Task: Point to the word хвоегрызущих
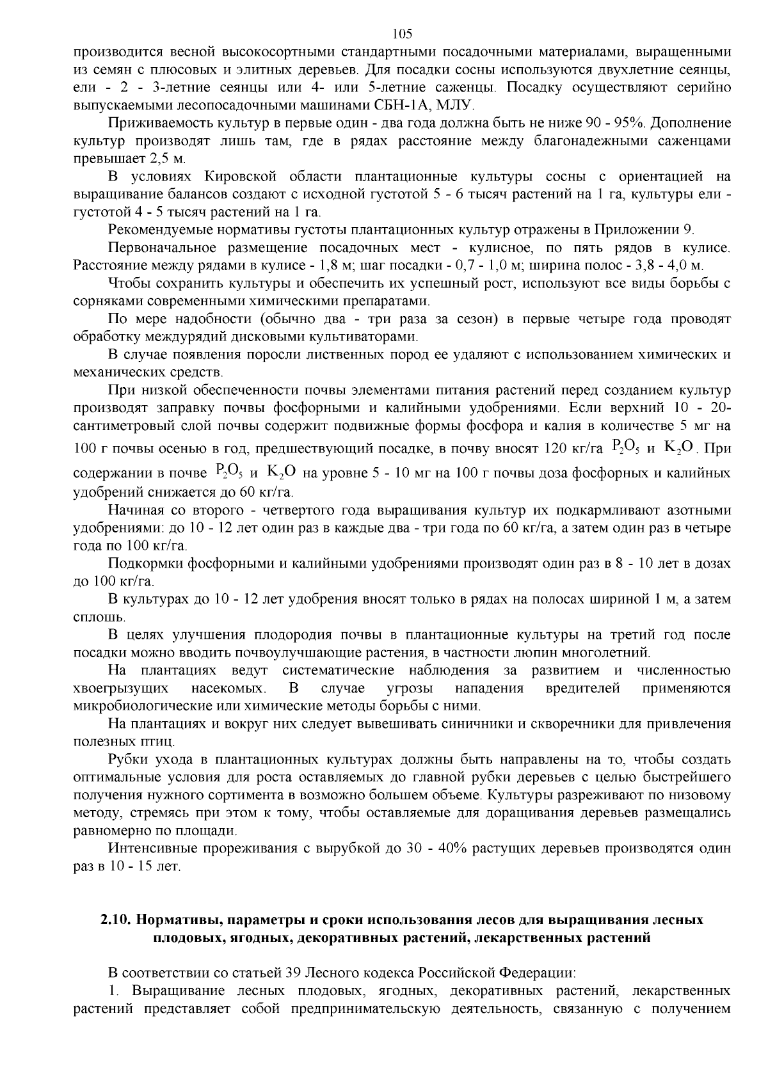coord(121,689)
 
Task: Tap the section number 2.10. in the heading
coord(116,920)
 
